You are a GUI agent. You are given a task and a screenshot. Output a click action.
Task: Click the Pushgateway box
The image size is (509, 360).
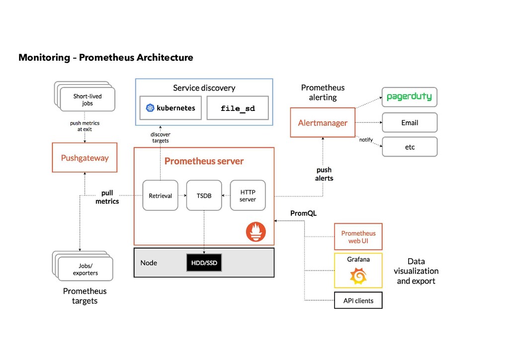(85, 158)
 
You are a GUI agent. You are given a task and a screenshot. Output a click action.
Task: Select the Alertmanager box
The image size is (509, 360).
(323, 122)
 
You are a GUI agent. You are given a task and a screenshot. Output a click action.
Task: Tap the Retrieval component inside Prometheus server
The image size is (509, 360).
(160, 195)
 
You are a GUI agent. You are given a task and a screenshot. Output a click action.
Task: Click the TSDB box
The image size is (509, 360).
(203, 195)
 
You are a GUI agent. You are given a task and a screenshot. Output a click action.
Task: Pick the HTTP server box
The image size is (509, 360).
(248, 195)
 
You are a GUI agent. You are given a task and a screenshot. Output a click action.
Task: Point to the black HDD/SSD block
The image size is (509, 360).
(204, 263)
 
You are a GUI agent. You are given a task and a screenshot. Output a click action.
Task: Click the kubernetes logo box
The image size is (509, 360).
(170, 108)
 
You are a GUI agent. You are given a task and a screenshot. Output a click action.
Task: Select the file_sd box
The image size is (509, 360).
(238, 108)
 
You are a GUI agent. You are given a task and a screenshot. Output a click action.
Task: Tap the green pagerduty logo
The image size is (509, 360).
(409, 97)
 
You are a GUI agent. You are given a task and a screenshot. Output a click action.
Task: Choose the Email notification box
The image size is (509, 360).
(410, 122)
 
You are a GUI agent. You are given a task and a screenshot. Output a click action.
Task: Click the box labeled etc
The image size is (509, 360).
(410, 147)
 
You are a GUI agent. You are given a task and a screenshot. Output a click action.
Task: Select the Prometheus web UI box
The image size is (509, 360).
(358, 237)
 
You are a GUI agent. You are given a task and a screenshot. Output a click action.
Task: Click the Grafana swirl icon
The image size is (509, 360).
(358, 276)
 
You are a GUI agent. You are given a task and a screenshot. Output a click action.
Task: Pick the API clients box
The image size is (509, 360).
(358, 300)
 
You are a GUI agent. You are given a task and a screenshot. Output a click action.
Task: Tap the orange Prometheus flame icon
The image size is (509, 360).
(256, 232)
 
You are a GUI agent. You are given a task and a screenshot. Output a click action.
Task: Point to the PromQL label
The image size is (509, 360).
(303, 213)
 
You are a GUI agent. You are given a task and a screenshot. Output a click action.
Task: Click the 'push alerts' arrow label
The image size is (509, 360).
(324, 174)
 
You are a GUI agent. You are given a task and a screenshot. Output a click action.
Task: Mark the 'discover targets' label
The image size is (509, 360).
(160, 137)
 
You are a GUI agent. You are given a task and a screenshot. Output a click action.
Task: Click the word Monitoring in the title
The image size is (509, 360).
(44, 58)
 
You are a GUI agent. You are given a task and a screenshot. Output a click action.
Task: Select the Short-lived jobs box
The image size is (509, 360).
(87, 99)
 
